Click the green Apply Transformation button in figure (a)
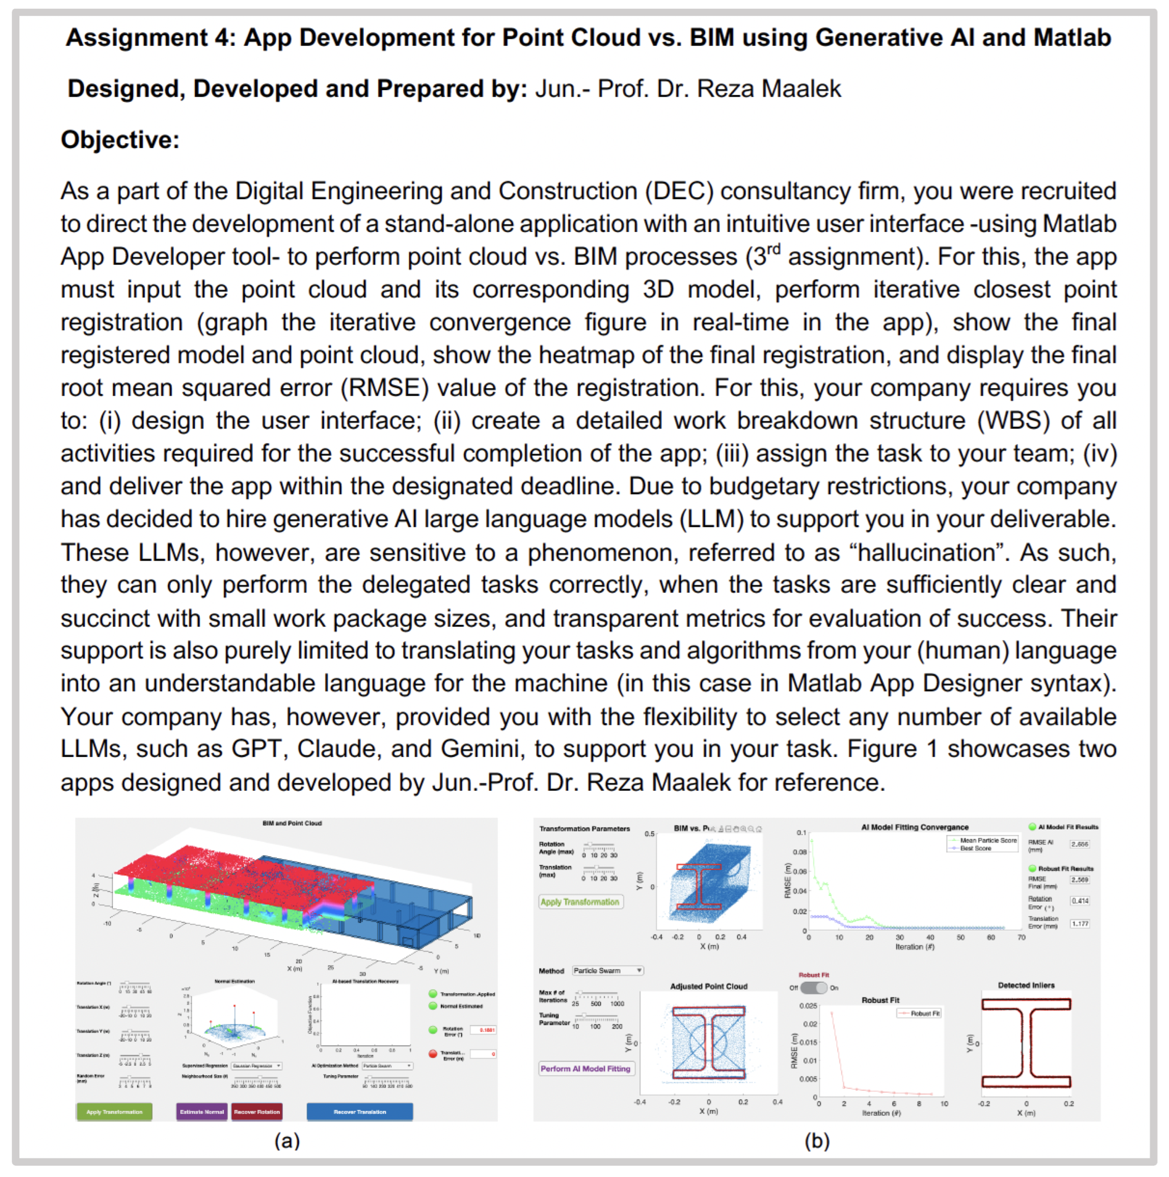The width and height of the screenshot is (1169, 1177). click(114, 1111)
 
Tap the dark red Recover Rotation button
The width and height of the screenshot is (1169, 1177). click(257, 1111)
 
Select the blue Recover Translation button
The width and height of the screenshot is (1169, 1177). click(359, 1111)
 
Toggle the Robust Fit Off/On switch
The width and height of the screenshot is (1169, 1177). click(813, 988)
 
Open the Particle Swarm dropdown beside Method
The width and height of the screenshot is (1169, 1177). click(607, 970)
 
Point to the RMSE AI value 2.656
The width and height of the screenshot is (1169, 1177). click(1079, 844)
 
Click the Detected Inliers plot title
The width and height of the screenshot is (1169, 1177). click(1026, 985)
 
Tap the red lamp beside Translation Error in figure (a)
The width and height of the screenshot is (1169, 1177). click(433, 1053)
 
